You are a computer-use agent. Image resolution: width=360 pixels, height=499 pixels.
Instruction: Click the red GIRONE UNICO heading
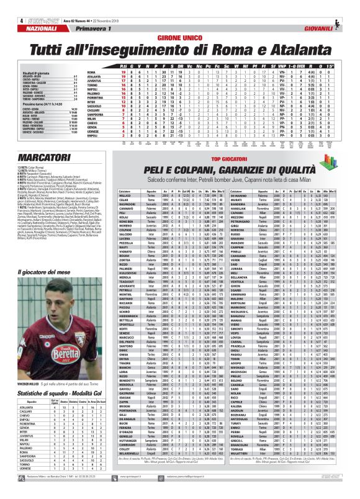click(x=180, y=38)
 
